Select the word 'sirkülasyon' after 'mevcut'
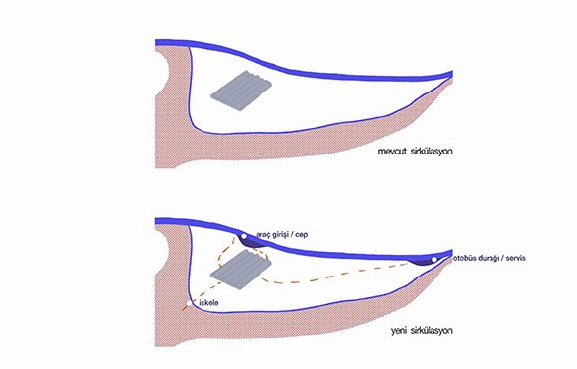click(432, 152)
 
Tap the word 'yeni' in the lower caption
click(398, 331)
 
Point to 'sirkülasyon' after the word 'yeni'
click(432, 331)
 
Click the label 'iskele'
click(208, 303)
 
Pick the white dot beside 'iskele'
click(189, 303)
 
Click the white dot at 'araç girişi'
click(244, 236)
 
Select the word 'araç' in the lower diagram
click(263, 235)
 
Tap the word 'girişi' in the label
click(282, 235)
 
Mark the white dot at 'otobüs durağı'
click(434, 260)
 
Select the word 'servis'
click(515, 258)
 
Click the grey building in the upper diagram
click(242, 91)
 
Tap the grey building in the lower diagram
click(241, 270)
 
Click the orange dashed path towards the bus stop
click(331, 276)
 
